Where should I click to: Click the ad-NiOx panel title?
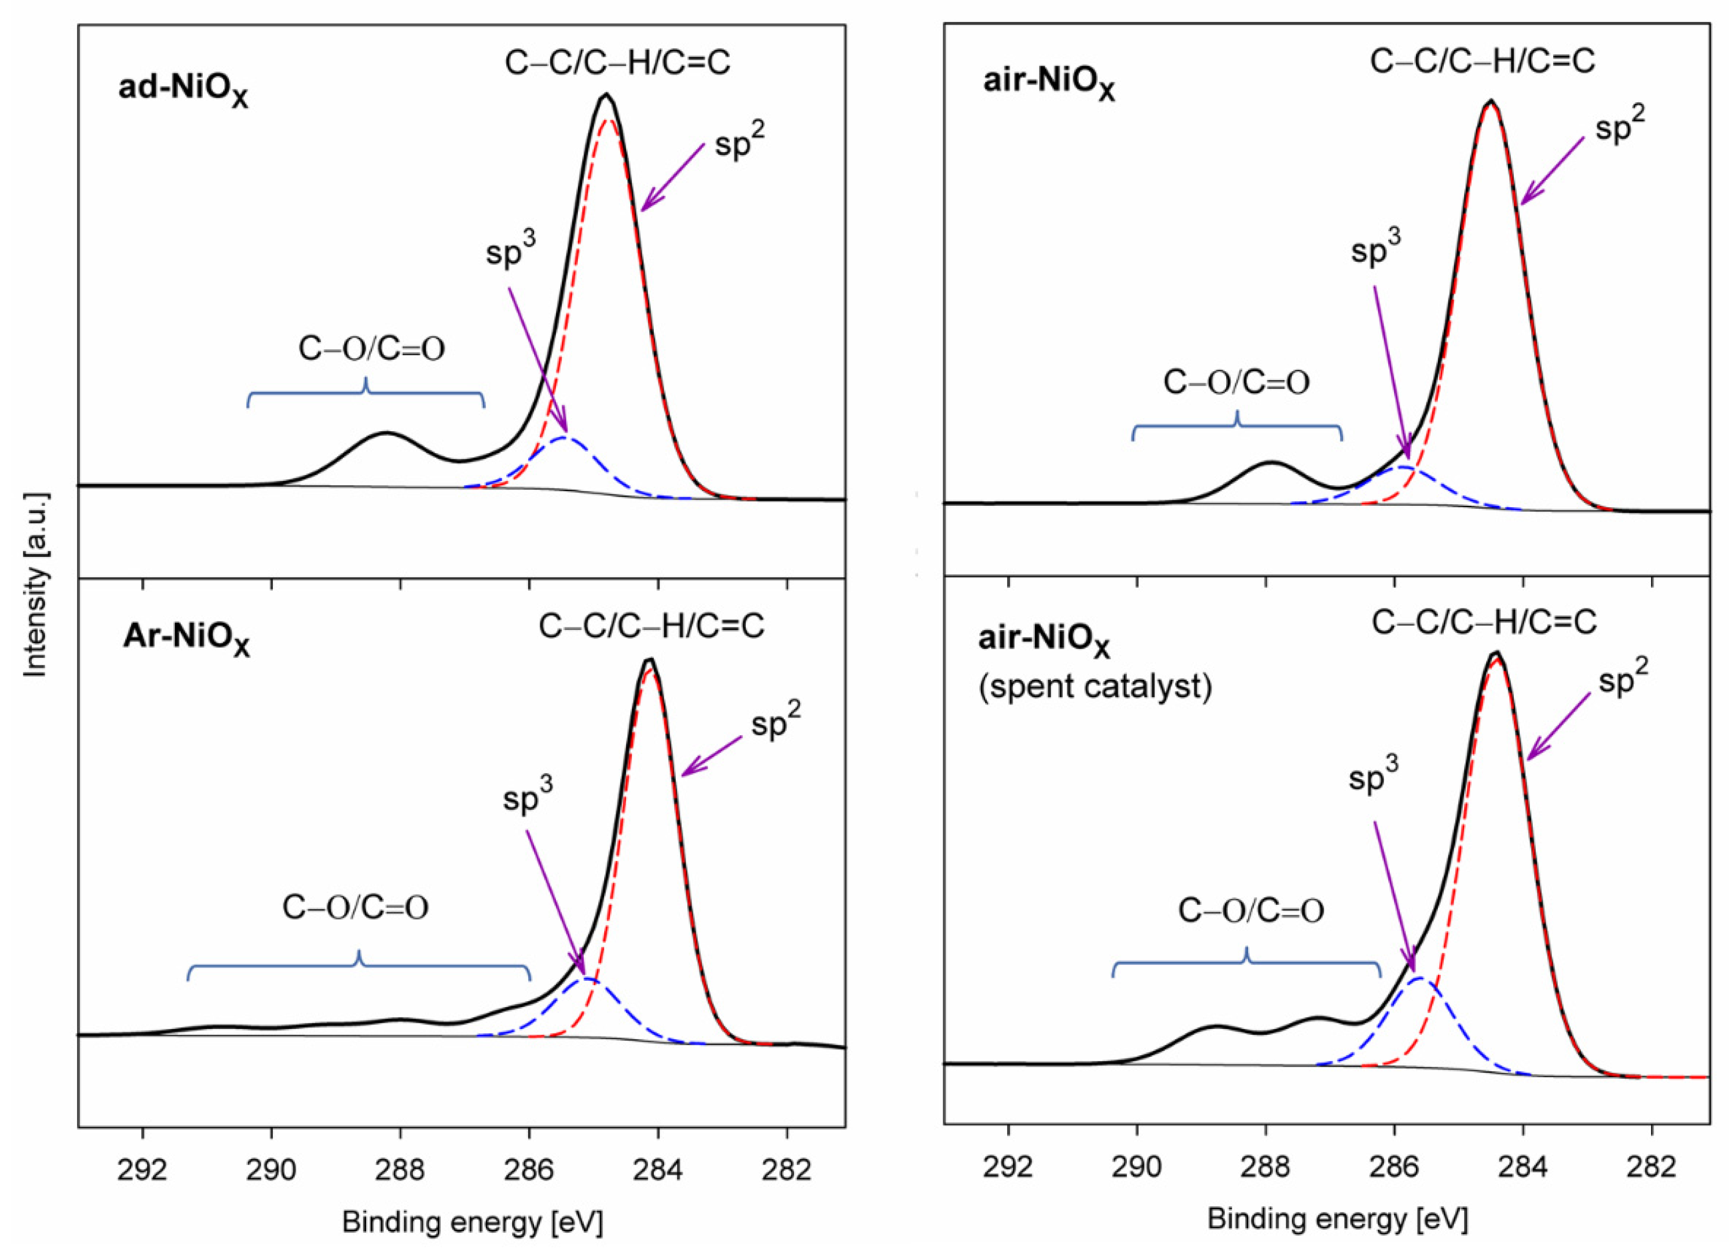(183, 90)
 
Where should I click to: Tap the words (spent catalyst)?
(1095, 687)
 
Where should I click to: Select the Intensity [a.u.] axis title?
(36, 585)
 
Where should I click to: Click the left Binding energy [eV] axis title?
(472, 1223)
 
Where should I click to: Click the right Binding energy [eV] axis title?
(1337, 1219)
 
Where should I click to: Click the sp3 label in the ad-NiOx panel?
(510, 249)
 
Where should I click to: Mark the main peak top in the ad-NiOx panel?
(606, 94)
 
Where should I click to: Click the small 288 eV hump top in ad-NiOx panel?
(387, 433)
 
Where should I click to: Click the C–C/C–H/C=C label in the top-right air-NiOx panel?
(1482, 62)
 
